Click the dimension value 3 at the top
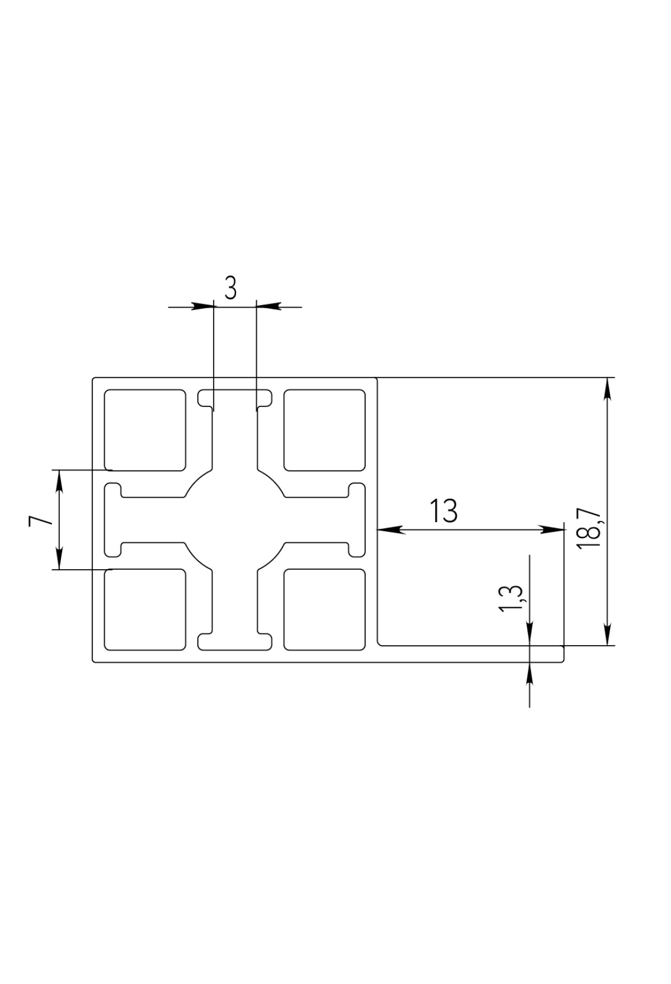tap(231, 288)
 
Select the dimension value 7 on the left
tap(41, 521)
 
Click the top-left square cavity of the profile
tap(145, 430)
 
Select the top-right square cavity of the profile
tap(324, 430)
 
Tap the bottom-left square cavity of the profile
tap(145, 609)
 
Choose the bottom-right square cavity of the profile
tap(324, 609)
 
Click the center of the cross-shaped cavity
tap(235, 520)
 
